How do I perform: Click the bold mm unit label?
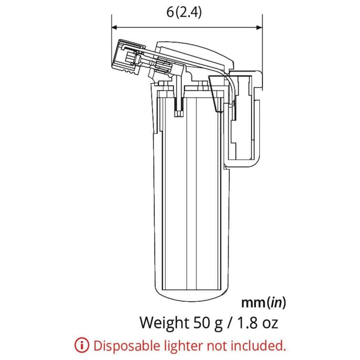click(x=253, y=303)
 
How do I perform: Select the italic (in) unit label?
click(x=276, y=303)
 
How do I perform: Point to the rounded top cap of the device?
click(x=197, y=50)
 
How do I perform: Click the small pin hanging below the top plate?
click(x=179, y=108)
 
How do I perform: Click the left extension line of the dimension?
click(x=112, y=43)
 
